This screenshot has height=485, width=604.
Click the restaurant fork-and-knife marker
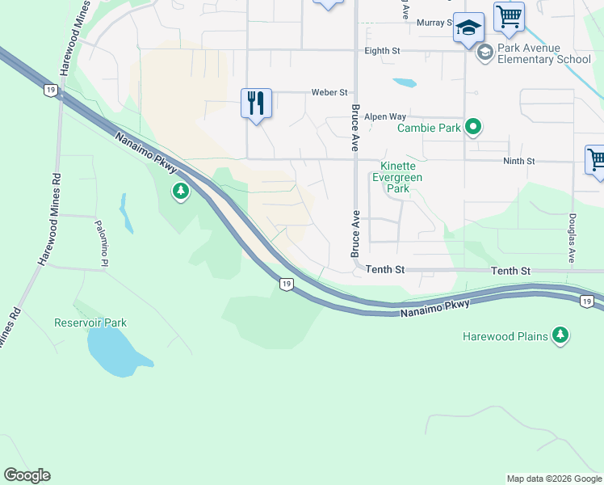(256, 103)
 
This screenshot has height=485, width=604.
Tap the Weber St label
(329, 93)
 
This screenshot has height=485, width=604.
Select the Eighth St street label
(383, 50)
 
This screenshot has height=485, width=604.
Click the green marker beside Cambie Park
(474, 127)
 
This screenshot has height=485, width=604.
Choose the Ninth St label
(518, 162)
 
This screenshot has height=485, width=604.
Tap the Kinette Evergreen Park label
(396, 177)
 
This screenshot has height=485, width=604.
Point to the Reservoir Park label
(90, 323)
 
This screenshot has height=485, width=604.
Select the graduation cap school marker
(468, 27)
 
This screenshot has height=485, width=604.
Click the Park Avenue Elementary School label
(543, 53)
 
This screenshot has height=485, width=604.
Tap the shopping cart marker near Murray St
(510, 15)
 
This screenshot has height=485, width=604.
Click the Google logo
(27, 475)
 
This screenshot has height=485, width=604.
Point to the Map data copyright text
(554, 479)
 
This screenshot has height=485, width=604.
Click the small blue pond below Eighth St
(405, 82)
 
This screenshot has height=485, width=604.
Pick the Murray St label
(434, 23)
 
